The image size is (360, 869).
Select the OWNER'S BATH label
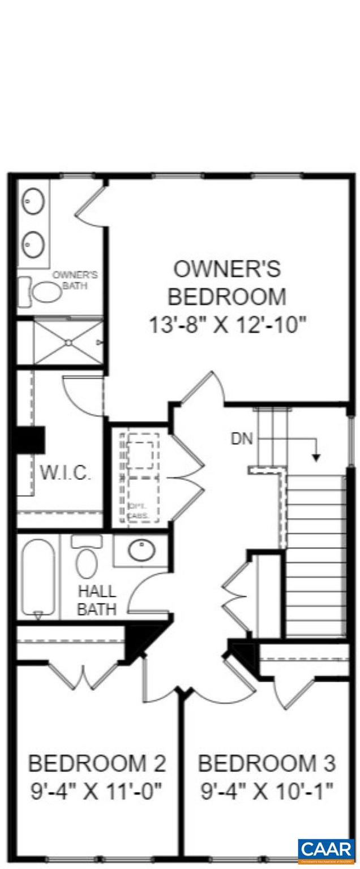coord(75,280)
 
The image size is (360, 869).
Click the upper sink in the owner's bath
coord(33,201)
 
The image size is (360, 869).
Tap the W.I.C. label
coord(65,473)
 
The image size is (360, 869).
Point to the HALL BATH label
coord(97,600)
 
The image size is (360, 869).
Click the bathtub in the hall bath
coord(37,577)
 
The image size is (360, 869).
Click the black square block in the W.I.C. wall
coord(29,439)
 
